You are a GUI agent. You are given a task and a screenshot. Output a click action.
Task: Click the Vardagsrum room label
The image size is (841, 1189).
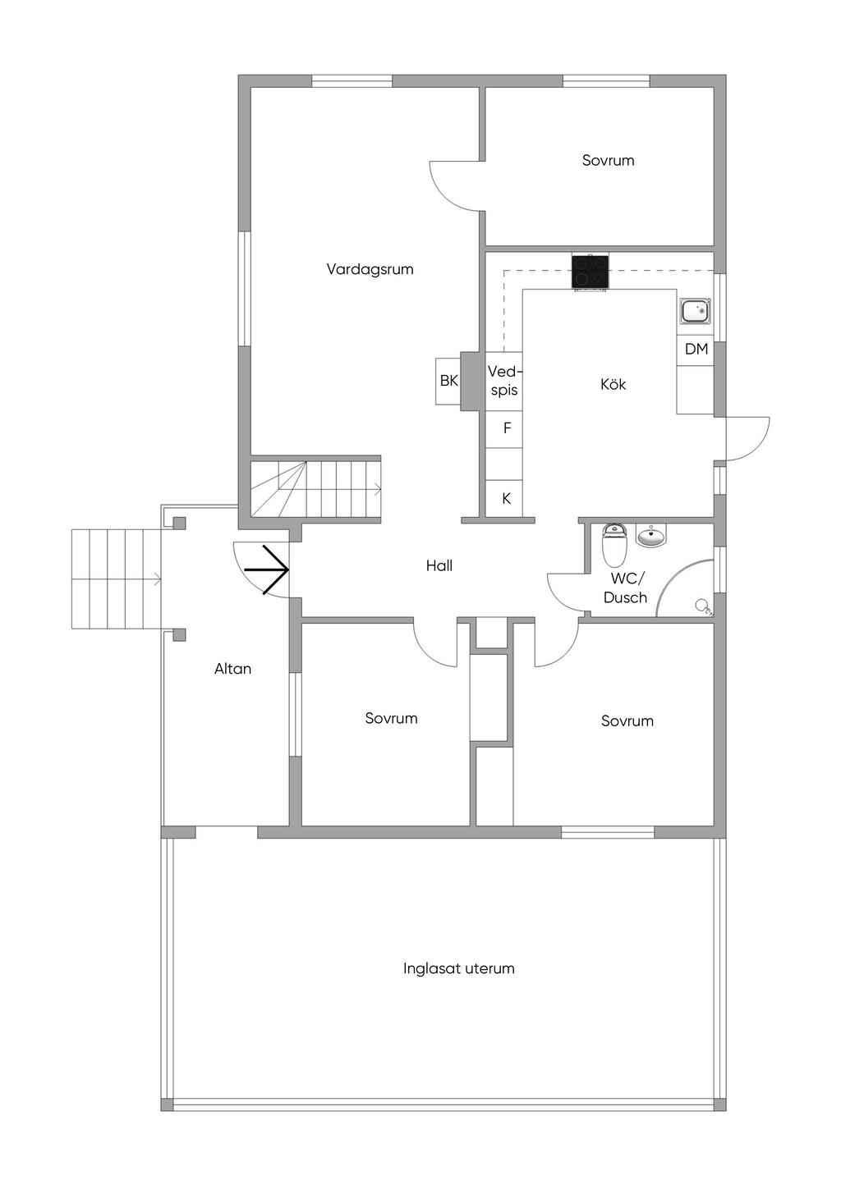[370, 269]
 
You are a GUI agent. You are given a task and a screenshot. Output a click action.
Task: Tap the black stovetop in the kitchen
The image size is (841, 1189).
[591, 272]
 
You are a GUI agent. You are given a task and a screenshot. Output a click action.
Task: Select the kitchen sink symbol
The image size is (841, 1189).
[696, 310]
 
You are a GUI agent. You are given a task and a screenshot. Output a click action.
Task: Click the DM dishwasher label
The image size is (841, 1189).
[696, 350]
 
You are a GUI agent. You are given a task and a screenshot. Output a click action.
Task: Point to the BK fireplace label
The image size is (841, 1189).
[449, 381]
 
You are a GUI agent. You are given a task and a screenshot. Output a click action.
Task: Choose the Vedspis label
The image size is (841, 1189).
[503, 381]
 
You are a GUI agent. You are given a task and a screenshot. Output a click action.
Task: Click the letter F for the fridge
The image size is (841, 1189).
[507, 428]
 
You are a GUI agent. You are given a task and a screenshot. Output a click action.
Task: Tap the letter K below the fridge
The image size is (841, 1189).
[506, 498]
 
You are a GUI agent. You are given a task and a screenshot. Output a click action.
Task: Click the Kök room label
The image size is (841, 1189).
[613, 384]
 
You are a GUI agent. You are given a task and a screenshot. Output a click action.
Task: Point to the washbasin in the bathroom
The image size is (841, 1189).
[650, 536]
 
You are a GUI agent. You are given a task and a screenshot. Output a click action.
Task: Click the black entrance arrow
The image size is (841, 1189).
[267, 570]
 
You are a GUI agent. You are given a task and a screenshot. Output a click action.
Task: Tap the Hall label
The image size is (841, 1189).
[439, 566]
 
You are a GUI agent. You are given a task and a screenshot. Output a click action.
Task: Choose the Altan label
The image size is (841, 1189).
[232, 669]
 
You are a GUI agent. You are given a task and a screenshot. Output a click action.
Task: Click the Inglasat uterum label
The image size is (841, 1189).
[458, 968]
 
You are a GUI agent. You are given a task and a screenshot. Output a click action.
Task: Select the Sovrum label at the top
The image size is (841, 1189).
[608, 160]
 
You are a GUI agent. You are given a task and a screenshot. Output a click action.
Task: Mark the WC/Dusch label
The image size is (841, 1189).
[625, 588]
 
